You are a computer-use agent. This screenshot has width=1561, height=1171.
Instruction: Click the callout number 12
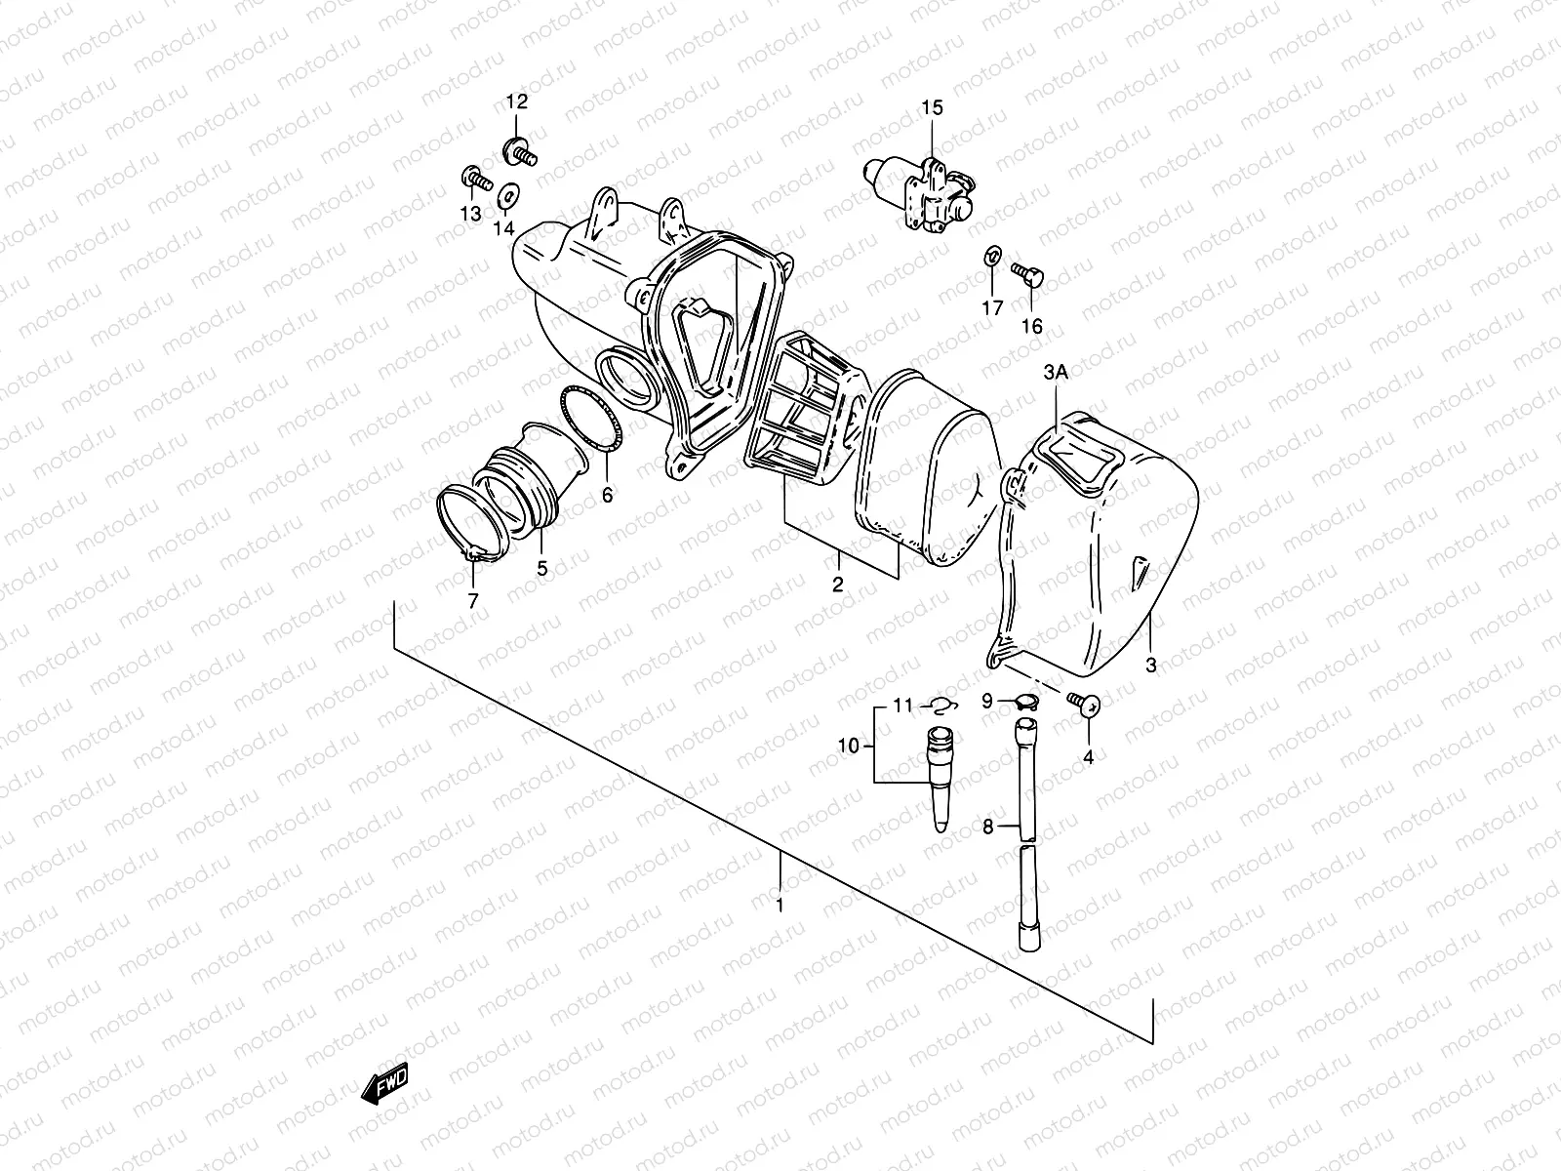pos(515,101)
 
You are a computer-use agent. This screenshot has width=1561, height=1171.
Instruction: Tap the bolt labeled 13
pos(474,179)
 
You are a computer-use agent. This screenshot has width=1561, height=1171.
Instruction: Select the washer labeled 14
pos(508,193)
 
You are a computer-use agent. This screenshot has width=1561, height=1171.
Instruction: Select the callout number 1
pos(779,906)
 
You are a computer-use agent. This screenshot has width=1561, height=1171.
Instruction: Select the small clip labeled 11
pos(941,705)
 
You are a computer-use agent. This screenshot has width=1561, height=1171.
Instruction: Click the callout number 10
pos(848,746)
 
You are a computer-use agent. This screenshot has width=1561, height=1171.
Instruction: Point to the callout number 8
pos(987,828)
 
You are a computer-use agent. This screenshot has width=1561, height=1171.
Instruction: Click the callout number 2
pos(837,585)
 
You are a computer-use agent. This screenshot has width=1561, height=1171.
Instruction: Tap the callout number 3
pos(1150,666)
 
